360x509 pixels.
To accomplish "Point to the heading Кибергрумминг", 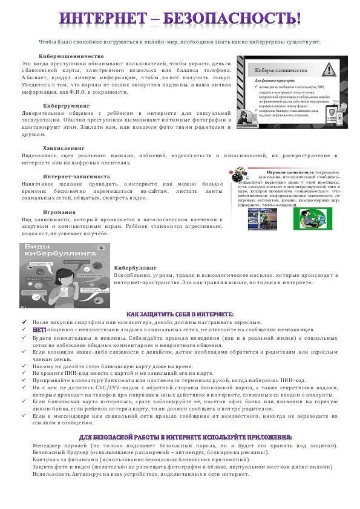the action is click(66, 105).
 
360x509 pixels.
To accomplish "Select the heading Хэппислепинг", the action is click(64, 148).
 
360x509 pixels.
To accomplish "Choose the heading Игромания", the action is click(59, 212).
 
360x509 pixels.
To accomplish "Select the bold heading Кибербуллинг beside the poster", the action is click(135, 267).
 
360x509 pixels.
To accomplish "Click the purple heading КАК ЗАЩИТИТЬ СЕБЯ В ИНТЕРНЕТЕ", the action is click(180, 314).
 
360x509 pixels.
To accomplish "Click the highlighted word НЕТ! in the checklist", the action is click(39, 329).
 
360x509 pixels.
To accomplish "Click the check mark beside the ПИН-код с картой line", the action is click(24, 372).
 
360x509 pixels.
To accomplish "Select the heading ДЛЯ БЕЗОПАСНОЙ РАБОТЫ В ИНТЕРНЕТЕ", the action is click(180, 436).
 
